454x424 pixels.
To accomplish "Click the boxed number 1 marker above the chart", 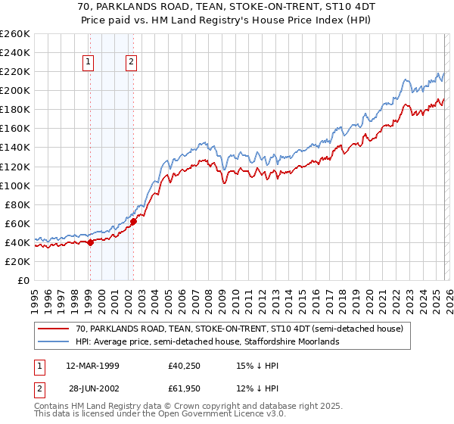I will [89, 62].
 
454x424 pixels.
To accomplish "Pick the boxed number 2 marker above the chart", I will [132, 62].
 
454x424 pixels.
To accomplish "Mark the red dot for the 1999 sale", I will [90, 242].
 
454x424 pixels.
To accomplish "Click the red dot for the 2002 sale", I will [133, 222].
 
